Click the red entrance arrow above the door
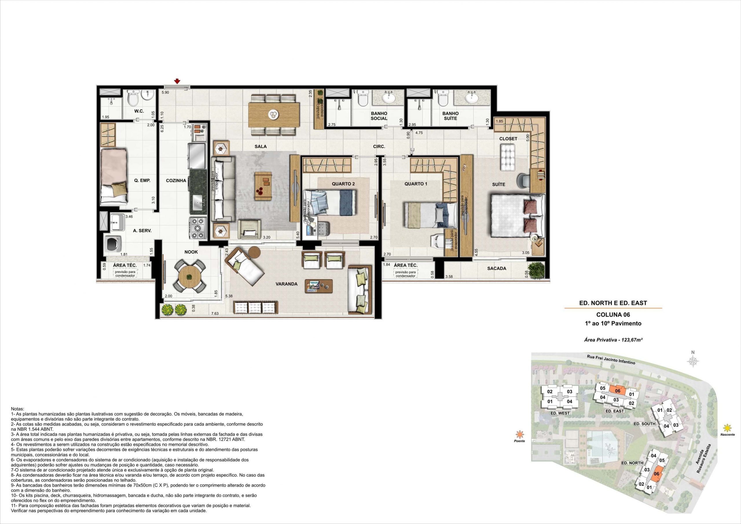(x=177, y=81)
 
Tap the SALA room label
(x=261, y=146)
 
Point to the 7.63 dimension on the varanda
(x=215, y=314)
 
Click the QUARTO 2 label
(x=343, y=184)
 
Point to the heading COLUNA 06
(x=613, y=314)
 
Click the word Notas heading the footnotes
(x=18, y=409)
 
